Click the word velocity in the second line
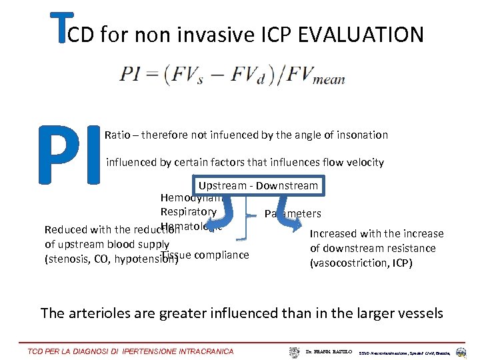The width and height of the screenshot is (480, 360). (363, 163)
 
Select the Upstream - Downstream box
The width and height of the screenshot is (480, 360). (258, 185)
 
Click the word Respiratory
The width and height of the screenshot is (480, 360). (189, 212)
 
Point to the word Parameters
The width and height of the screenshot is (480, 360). (293, 214)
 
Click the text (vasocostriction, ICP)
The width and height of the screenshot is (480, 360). (362, 263)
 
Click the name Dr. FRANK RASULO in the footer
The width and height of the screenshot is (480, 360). (325, 351)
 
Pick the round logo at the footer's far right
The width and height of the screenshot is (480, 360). (461, 351)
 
